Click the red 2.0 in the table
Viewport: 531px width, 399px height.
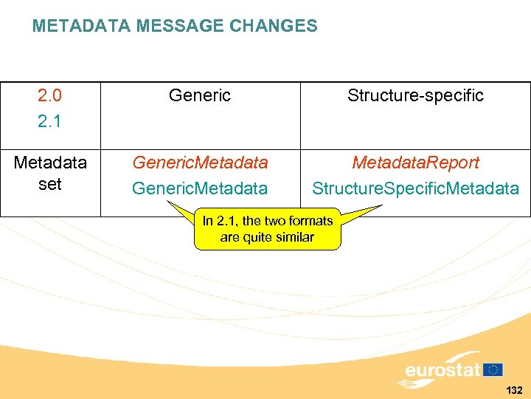pos(49,95)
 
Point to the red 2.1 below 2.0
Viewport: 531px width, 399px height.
pos(49,120)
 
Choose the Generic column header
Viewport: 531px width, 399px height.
pos(200,95)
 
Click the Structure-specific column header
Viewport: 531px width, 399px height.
pos(415,95)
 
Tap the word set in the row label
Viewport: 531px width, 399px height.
pos(49,184)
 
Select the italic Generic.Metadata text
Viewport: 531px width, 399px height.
pos(200,163)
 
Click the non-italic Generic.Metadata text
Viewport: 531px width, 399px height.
pos(200,189)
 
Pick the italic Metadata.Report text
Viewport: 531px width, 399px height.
pos(415,163)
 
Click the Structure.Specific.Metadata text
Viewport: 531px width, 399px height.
pos(415,189)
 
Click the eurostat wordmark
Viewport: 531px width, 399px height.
pos(442,369)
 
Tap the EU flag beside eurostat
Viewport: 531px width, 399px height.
pos(493,369)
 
